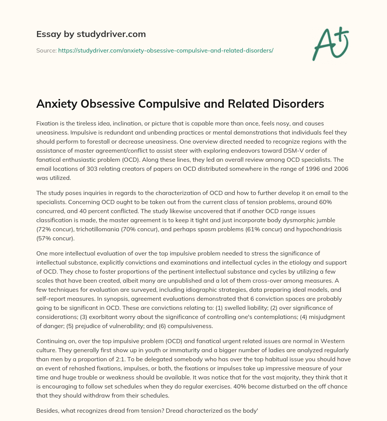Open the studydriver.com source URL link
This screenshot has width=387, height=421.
click(166, 50)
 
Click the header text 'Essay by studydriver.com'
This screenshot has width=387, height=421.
click(91, 34)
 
